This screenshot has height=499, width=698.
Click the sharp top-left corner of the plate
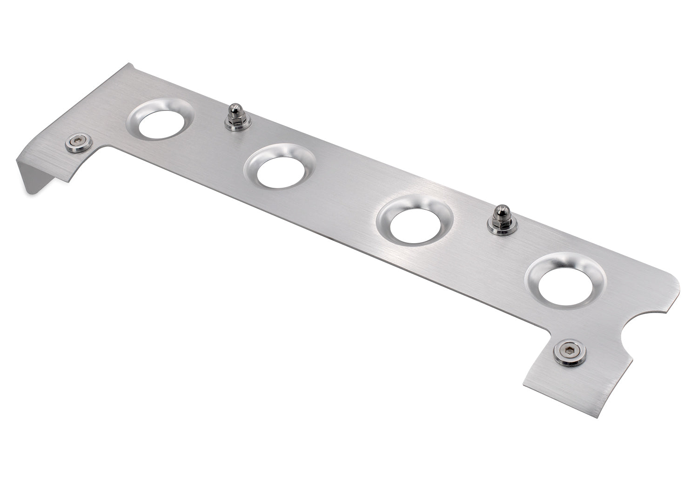(129, 63)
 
